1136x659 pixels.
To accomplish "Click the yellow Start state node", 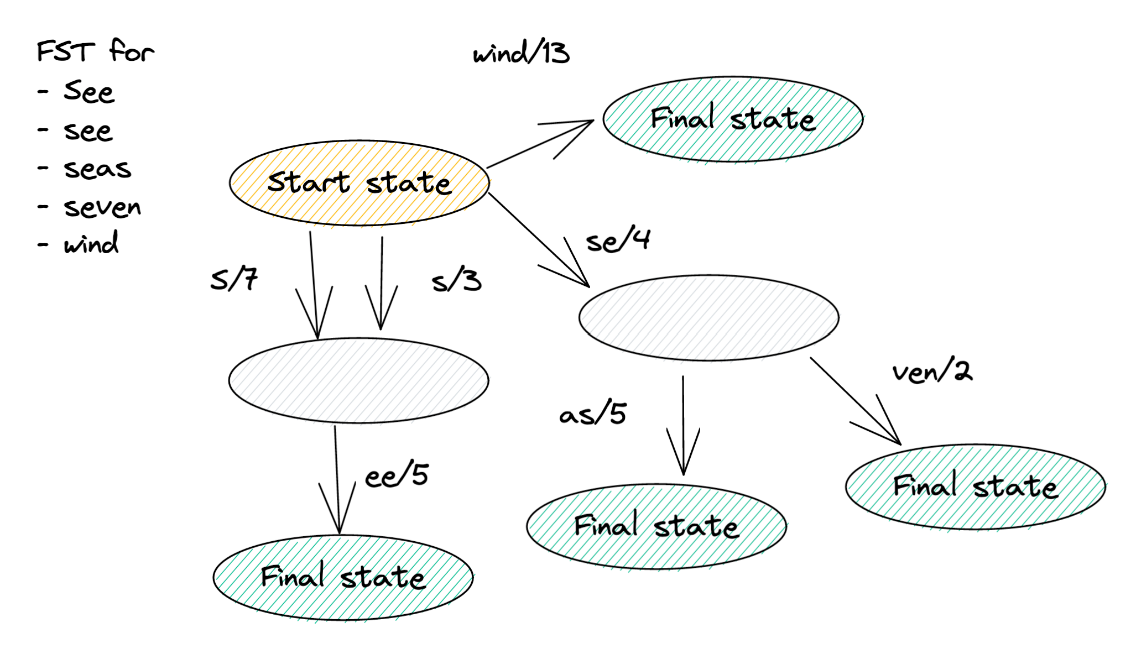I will (x=359, y=182).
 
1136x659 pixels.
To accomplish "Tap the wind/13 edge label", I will (x=521, y=54).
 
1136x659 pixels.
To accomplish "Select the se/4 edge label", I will (x=618, y=240).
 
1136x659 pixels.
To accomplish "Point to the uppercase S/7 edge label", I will (x=234, y=279).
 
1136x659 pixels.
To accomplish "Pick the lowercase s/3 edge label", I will (x=456, y=281).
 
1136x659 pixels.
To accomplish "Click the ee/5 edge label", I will (x=397, y=475).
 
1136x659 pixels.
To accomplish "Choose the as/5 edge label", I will (x=592, y=414).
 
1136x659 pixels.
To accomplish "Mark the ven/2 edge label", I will (x=932, y=371).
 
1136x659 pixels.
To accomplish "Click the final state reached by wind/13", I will (x=733, y=119).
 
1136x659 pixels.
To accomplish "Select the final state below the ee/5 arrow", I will (x=343, y=578).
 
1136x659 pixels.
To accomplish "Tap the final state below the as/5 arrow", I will (x=656, y=526).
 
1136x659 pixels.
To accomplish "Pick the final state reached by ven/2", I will (x=975, y=487).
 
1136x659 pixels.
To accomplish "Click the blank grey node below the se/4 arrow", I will (x=708, y=318).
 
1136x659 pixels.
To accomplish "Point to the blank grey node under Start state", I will (x=358, y=380).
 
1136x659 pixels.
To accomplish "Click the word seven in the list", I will (x=102, y=208).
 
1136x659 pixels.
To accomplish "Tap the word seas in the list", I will (x=97, y=169).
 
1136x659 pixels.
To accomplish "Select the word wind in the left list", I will (x=91, y=243).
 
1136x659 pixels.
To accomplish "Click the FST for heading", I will (x=95, y=51).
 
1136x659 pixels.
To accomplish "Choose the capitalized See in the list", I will (x=89, y=91).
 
